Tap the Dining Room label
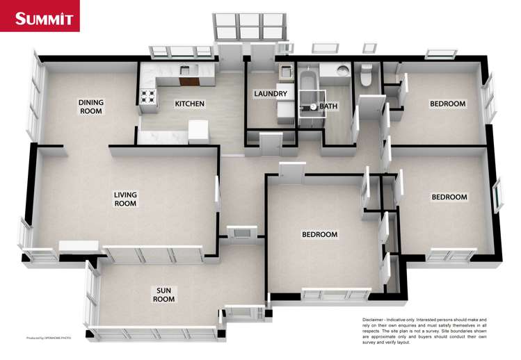tap(90, 106)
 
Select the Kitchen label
tap(189, 104)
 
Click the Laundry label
tap(266, 94)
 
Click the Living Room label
tap(125, 199)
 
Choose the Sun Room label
tap(165, 294)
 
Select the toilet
tap(366, 75)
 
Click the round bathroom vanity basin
tap(342, 70)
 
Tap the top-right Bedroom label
tap(447, 104)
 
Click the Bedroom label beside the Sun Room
tap(319, 234)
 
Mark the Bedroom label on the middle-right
tap(449, 197)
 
